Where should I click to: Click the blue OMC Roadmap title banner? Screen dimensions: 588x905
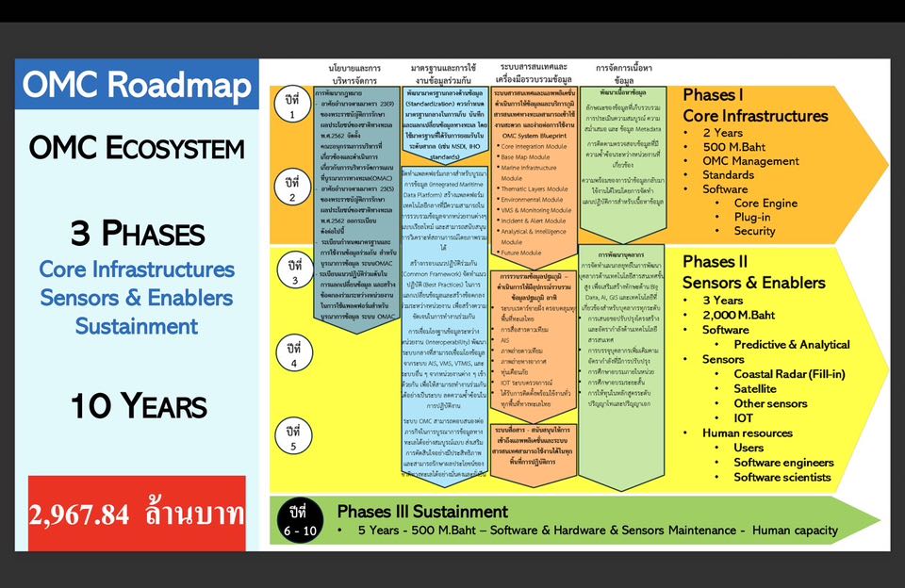click(x=137, y=85)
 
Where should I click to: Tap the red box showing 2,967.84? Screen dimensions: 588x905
click(x=137, y=514)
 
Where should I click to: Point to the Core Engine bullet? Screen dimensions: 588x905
click(x=765, y=203)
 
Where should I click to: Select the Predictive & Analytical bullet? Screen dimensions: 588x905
click(x=792, y=344)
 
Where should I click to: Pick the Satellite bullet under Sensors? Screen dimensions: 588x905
click(x=755, y=388)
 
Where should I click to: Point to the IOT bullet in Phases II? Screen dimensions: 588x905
click(x=744, y=417)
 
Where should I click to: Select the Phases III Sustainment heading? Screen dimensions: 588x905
click(x=422, y=512)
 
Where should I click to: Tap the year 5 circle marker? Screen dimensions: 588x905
click(x=293, y=439)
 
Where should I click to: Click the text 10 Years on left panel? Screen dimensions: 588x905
click(x=138, y=406)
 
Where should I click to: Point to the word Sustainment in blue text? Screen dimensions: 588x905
click(x=137, y=327)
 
